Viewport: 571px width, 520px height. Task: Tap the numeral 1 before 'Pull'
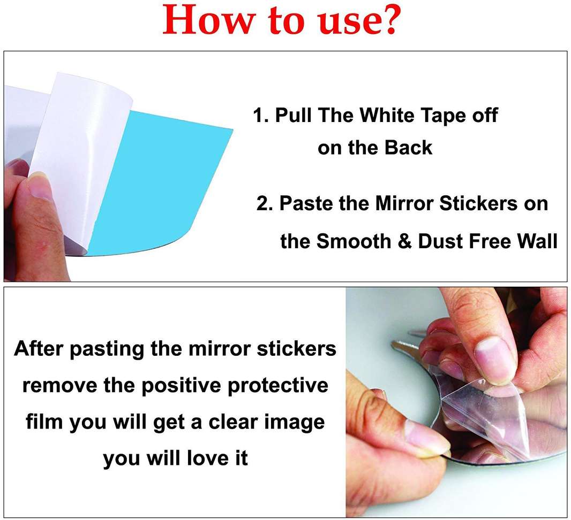click(258, 116)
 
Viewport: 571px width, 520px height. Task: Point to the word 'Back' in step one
click(409, 147)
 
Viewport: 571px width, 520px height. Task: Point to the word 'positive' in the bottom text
click(175, 385)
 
